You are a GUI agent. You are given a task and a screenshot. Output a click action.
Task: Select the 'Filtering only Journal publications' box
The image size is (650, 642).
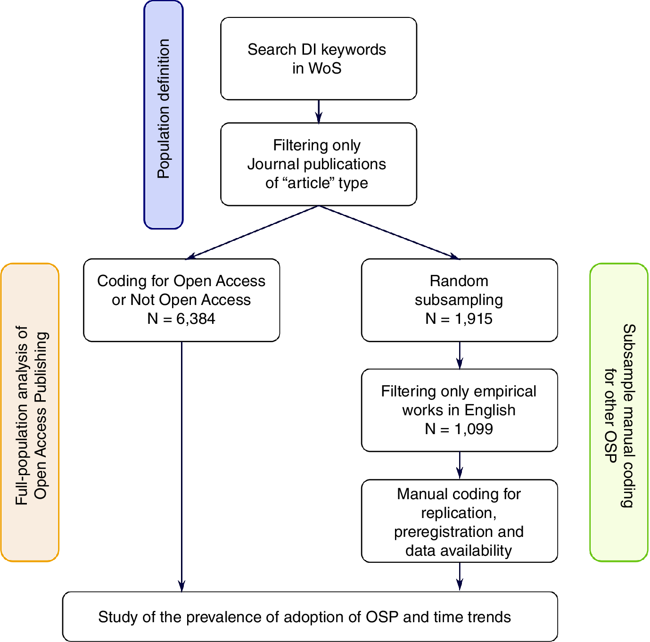click(319, 164)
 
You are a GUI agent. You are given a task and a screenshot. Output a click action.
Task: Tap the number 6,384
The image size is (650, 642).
click(196, 319)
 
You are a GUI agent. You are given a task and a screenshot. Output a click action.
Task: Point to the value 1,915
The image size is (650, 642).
click(473, 319)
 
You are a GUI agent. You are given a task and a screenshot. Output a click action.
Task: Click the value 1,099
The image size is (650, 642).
click(473, 429)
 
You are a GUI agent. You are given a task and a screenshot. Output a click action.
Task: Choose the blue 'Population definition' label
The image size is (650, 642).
click(164, 115)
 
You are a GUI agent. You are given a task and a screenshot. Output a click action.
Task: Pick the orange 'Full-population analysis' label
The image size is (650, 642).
click(30, 412)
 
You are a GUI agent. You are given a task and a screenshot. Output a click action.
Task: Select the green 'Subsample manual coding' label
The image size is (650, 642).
click(619, 412)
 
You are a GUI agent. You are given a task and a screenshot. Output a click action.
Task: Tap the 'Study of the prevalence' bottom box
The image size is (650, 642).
click(310, 617)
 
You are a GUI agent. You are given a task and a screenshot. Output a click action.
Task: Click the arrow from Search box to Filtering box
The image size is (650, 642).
click(319, 111)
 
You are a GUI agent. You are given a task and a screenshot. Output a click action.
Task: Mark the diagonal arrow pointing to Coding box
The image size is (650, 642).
click(253, 232)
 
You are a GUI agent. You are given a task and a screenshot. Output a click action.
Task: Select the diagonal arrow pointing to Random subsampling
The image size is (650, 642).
click(389, 232)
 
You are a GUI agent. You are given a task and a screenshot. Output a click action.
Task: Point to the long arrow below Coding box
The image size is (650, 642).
click(182, 467)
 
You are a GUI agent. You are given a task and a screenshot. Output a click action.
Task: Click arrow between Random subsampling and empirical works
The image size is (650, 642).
click(460, 355)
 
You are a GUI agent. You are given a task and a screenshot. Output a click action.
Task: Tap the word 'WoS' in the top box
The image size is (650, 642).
click(325, 68)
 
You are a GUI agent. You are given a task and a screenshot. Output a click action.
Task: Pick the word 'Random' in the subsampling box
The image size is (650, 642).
click(459, 281)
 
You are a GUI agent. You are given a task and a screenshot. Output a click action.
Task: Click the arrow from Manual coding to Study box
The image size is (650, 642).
click(460, 576)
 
